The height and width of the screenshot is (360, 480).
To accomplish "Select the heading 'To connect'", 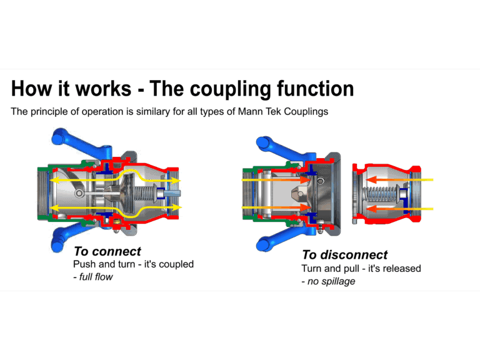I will pos(107,251).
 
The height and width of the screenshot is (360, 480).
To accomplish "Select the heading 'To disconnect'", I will pos(344,254).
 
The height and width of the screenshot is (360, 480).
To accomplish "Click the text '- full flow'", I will pos(93,277).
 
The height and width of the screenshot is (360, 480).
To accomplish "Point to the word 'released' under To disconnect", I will pos(400,268).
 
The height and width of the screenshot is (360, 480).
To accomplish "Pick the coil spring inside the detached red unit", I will pos(382,194).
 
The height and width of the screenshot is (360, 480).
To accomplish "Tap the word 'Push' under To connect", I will pos(84,264).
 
